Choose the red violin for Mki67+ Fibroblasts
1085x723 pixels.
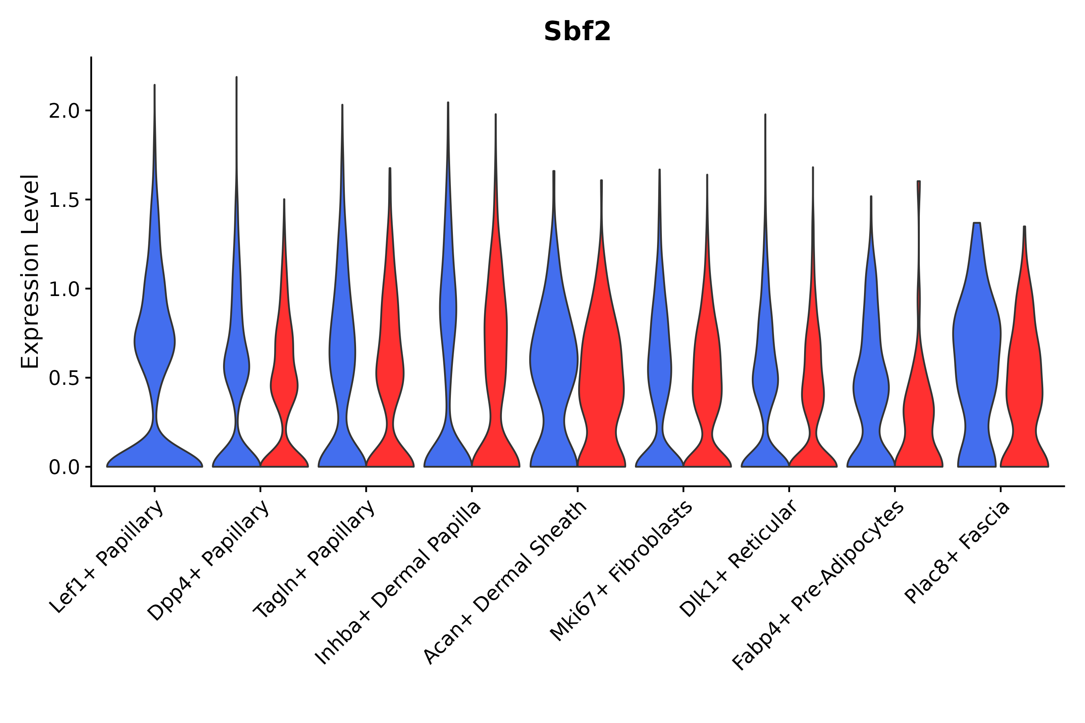707,378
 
